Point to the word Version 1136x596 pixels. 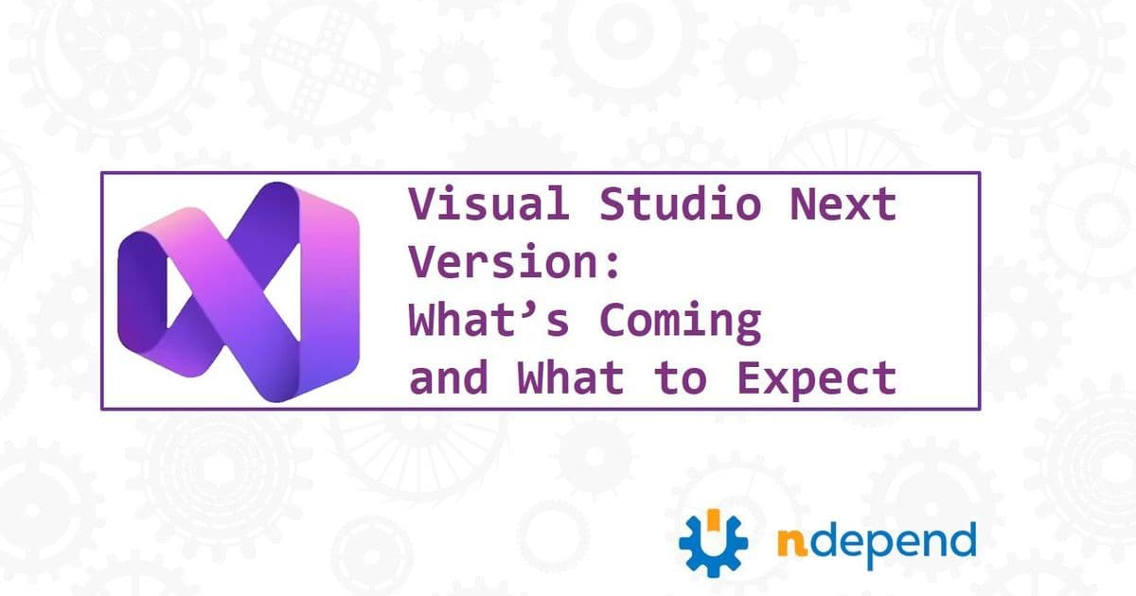503,264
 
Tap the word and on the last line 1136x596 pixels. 449,379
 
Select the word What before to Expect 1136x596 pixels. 571,379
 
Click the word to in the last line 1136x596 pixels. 680,379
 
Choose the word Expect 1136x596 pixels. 816,379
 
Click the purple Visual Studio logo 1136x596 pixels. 239,291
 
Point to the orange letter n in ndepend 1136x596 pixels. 791,544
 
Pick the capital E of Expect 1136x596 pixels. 748,379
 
